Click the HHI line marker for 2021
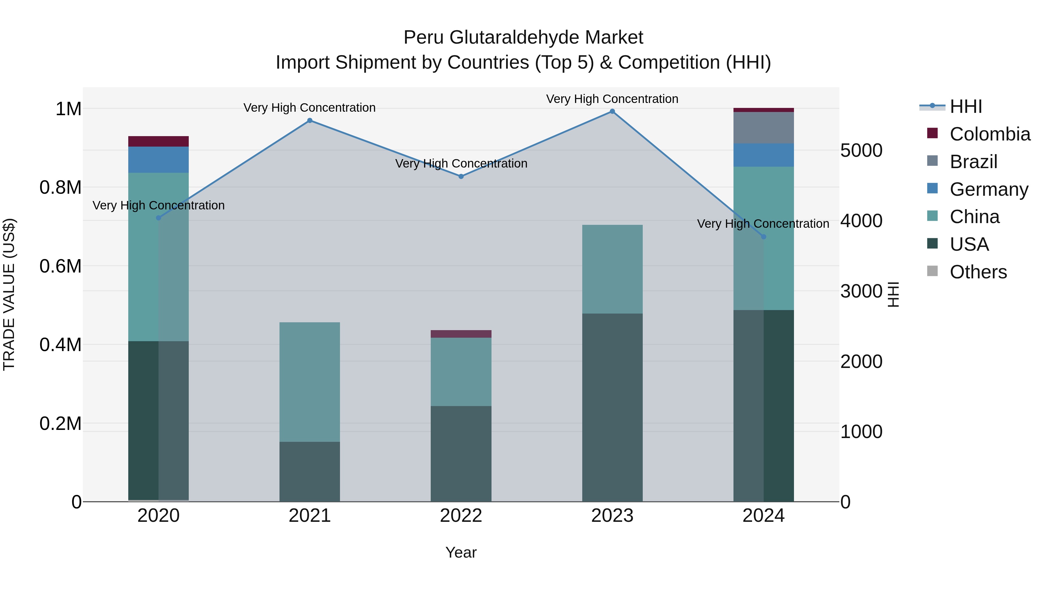pyautogui.click(x=310, y=120)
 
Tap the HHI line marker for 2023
pyautogui.click(x=612, y=111)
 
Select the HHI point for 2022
pyautogui.click(x=461, y=177)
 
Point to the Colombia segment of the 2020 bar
pyautogui.click(x=159, y=141)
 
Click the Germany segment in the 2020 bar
pyautogui.click(x=159, y=159)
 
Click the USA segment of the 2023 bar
pyautogui.click(x=612, y=407)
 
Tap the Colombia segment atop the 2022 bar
pyautogui.click(x=461, y=334)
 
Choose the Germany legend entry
pyautogui.click(x=989, y=189)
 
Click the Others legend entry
pyautogui.click(x=978, y=272)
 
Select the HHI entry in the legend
pyautogui.click(x=966, y=106)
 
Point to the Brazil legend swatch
pyautogui.click(x=932, y=161)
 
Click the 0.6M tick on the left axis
pyautogui.click(x=60, y=266)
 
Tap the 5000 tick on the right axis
pyautogui.click(x=861, y=150)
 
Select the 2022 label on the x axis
pyautogui.click(x=461, y=515)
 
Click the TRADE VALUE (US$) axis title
pyautogui.click(x=9, y=294)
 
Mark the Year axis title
pyautogui.click(x=461, y=552)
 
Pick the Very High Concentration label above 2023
pyautogui.click(x=612, y=99)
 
